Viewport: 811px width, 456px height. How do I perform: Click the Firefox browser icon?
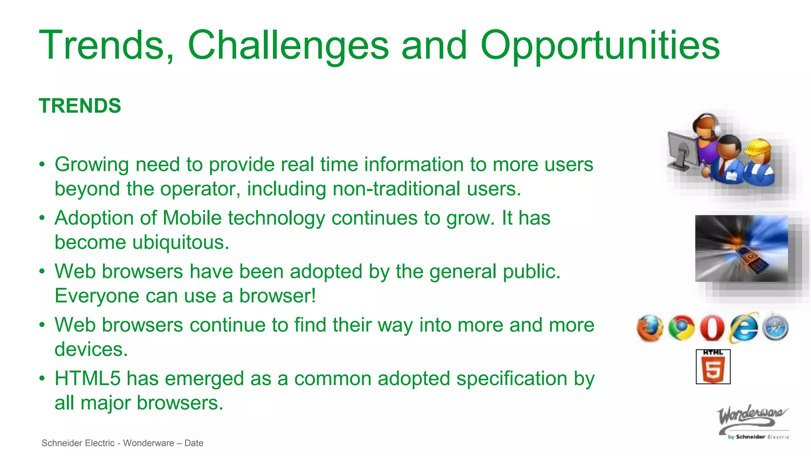click(649, 328)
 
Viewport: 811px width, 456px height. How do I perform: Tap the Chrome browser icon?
click(681, 328)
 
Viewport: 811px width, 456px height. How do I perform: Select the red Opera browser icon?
click(712, 328)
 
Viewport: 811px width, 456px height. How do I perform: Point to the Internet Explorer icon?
click(744, 328)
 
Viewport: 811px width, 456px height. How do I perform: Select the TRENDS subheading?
click(80, 106)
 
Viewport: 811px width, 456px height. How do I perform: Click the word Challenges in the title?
click(288, 45)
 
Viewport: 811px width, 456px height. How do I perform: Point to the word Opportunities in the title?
click(600, 45)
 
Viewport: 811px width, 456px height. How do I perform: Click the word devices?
click(91, 349)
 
